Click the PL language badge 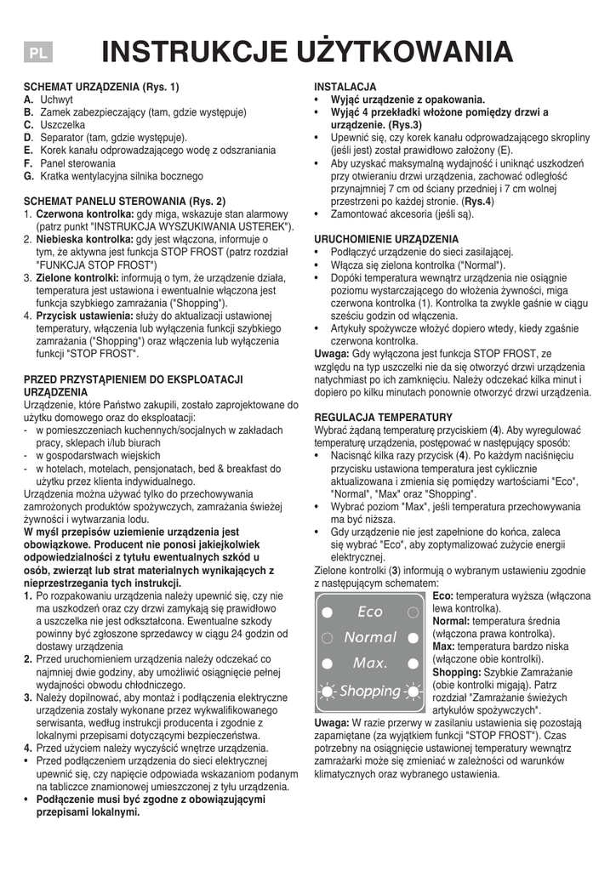pyautogui.click(x=37, y=53)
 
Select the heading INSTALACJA pyautogui.click(x=345, y=88)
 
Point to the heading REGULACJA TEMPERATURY pyautogui.click(x=384, y=418)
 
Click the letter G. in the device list pyautogui.click(x=29, y=176)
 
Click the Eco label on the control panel pyautogui.click(x=370, y=612)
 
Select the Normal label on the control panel pyautogui.click(x=370, y=637)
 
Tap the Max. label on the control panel pyautogui.click(x=370, y=663)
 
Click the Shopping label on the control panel pyautogui.click(x=370, y=691)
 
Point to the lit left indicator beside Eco pyautogui.click(x=328, y=612)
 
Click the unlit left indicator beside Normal pyautogui.click(x=328, y=638)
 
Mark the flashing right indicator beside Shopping pyautogui.click(x=414, y=691)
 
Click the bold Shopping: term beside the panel pyautogui.click(x=458, y=672)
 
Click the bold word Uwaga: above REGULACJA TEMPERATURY pyautogui.click(x=332, y=353)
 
